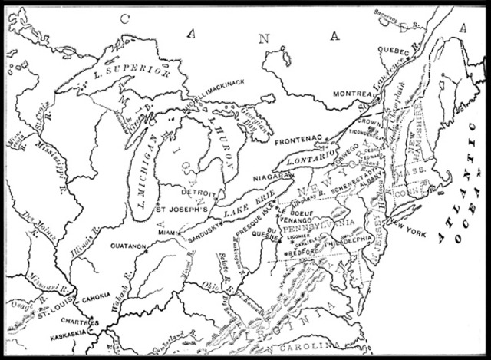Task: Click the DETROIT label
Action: click(x=201, y=193)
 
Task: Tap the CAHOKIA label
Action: click(x=97, y=296)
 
